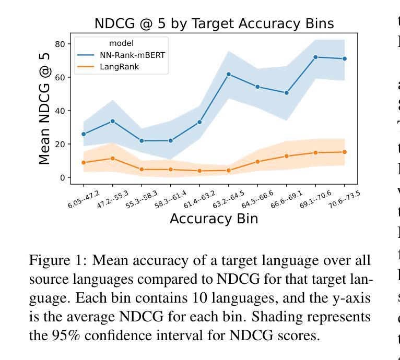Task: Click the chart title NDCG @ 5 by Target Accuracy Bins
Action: (214, 23)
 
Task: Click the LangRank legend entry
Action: (119, 66)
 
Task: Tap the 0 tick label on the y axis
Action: (63, 177)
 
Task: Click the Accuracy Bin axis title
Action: (214, 219)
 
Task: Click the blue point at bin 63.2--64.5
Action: (229, 74)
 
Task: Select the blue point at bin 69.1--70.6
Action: (315, 57)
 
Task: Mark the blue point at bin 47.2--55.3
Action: (112, 121)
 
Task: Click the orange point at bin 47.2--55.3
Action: (112, 158)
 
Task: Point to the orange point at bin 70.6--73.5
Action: (345, 152)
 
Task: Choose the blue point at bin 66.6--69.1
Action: (287, 93)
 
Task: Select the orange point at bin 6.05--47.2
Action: (84, 163)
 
